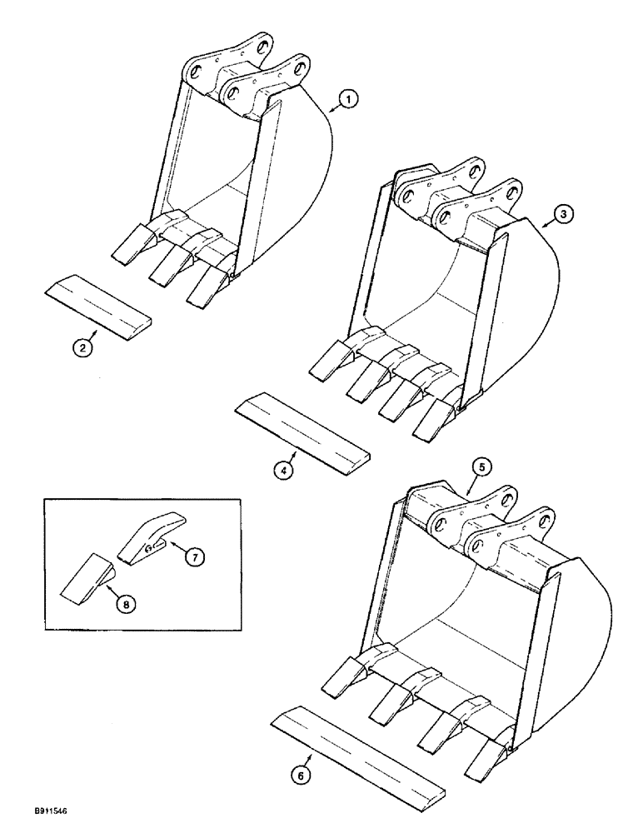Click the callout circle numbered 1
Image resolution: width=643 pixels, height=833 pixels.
[x=349, y=100]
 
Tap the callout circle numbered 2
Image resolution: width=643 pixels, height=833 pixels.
[x=81, y=350]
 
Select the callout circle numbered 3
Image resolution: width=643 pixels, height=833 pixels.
[x=564, y=214]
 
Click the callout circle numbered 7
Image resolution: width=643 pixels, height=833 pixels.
[x=193, y=559]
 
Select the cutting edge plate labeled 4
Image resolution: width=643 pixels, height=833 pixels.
[x=303, y=433]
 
